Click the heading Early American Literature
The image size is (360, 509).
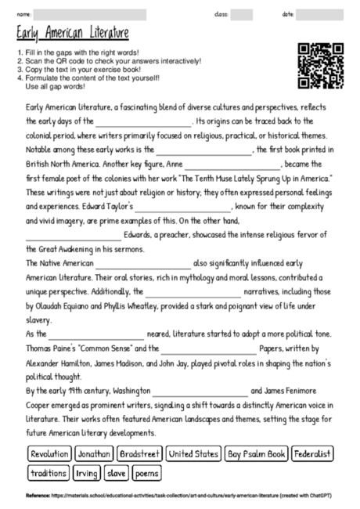pyautogui.click(x=71, y=34)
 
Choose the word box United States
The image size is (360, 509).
pyautogui.click(x=193, y=453)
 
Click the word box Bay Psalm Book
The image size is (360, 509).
pyautogui.click(x=256, y=453)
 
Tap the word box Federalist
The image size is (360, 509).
pyautogui.click(x=314, y=453)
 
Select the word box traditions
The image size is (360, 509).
pyautogui.click(x=49, y=473)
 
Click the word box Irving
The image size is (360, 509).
pyautogui.click(x=87, y=473)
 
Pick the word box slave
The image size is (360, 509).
pyautogui.click(x=117, y=473)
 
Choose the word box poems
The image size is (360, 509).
pyautogui.click(x=147, y=473)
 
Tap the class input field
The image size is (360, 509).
pyautogui.click(x=242, y=14)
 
